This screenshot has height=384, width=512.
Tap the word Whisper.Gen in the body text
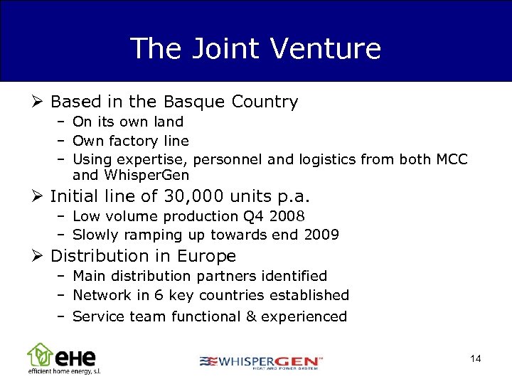click(145, 175)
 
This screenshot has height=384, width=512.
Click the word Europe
click(206, 255)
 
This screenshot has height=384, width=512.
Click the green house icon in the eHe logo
click(39, 353)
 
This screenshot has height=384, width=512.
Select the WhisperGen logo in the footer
click(261, 362)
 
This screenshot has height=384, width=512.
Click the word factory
click(139, 141)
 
